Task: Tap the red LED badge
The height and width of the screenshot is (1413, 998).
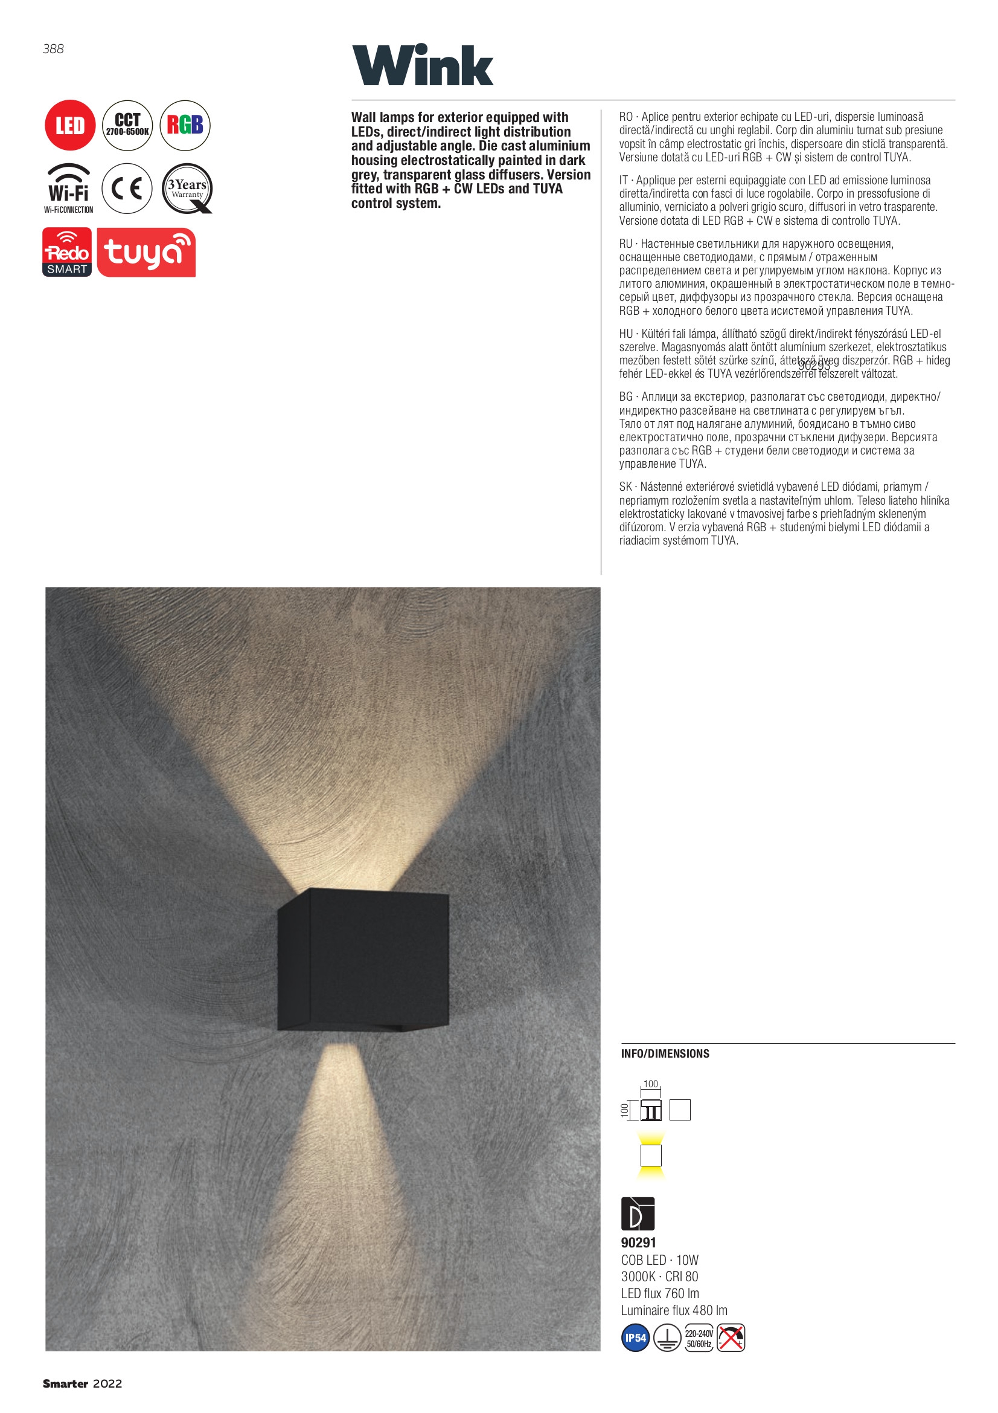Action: coord(70,126)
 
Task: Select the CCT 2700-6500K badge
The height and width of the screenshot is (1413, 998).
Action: coord(127,126)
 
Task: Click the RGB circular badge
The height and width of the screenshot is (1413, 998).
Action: coord(185,126)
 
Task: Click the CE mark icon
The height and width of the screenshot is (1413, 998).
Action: coord(127,189)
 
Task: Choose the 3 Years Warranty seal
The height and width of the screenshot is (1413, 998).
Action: coord(187,189)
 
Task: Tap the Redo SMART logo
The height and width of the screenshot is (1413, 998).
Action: coord(67,253)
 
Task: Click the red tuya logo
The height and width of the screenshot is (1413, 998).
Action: coord(146,253)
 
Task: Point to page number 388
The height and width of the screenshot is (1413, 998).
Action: coord(54,48)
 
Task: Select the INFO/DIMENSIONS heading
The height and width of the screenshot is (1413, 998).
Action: coord(665,1053)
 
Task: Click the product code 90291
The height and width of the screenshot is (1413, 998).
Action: coord(638,1243)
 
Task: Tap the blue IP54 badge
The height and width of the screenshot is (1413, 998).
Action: coord(635,1338)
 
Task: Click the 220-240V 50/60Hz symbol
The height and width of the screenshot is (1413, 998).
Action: coord(699,1339)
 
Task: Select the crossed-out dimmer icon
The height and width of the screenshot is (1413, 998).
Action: coord(731,1338)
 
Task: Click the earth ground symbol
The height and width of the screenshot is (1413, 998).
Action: coord(667,1338)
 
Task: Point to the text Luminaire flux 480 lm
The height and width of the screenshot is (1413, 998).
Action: coord(674,1310)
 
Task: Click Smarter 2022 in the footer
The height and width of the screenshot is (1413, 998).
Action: coord(82,1384)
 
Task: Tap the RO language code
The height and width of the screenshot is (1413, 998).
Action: coord(626,117)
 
